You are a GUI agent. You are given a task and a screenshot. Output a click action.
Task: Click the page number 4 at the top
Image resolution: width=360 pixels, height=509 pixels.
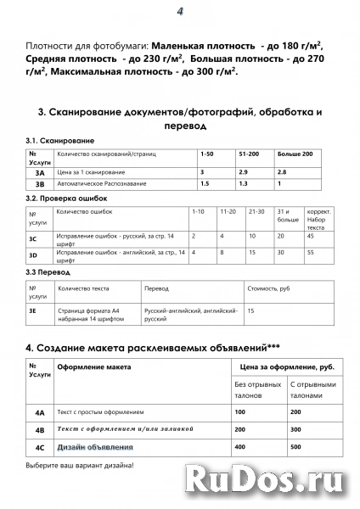(180, 11)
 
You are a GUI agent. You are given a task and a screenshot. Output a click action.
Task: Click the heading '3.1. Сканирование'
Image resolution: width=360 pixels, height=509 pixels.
(60, 140)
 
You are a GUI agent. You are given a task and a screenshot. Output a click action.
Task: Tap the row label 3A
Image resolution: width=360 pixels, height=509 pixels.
(40, 172)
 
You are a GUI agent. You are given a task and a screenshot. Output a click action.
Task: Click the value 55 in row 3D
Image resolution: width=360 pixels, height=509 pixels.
(311, 252)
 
